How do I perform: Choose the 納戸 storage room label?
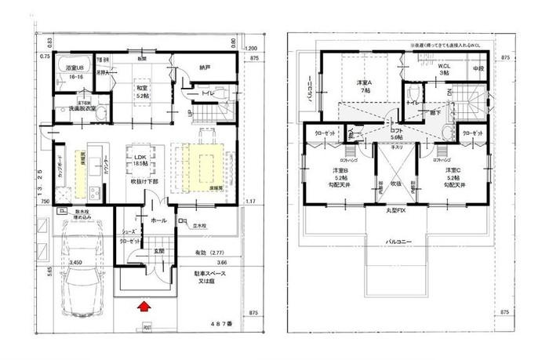[205, 67]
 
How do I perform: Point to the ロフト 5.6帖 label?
[397, 134]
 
